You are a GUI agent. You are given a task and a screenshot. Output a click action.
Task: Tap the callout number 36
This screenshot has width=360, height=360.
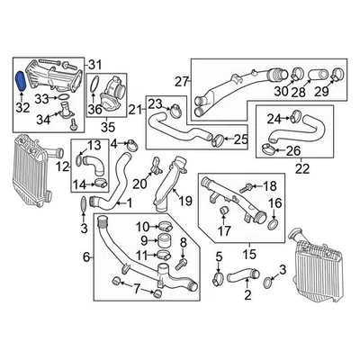tap(94, 109)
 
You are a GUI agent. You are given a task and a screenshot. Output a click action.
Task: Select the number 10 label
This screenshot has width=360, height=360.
tap(143, 226)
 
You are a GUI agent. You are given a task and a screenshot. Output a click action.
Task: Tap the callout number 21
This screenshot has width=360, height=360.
tap(135, 110)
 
